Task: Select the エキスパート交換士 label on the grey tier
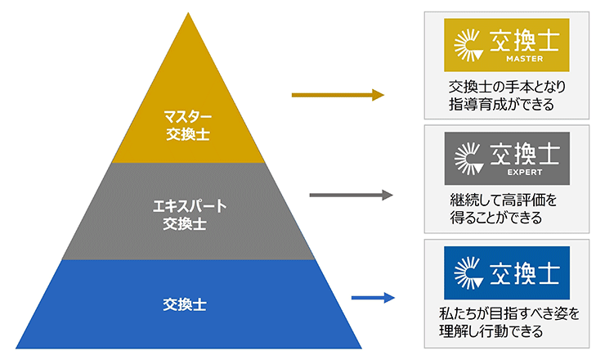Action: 187,213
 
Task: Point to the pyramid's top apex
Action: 188,12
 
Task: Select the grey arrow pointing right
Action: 351,195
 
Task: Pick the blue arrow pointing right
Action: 372,299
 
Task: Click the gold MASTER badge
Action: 505,44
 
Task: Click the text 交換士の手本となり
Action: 507,86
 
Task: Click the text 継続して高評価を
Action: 501,200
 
